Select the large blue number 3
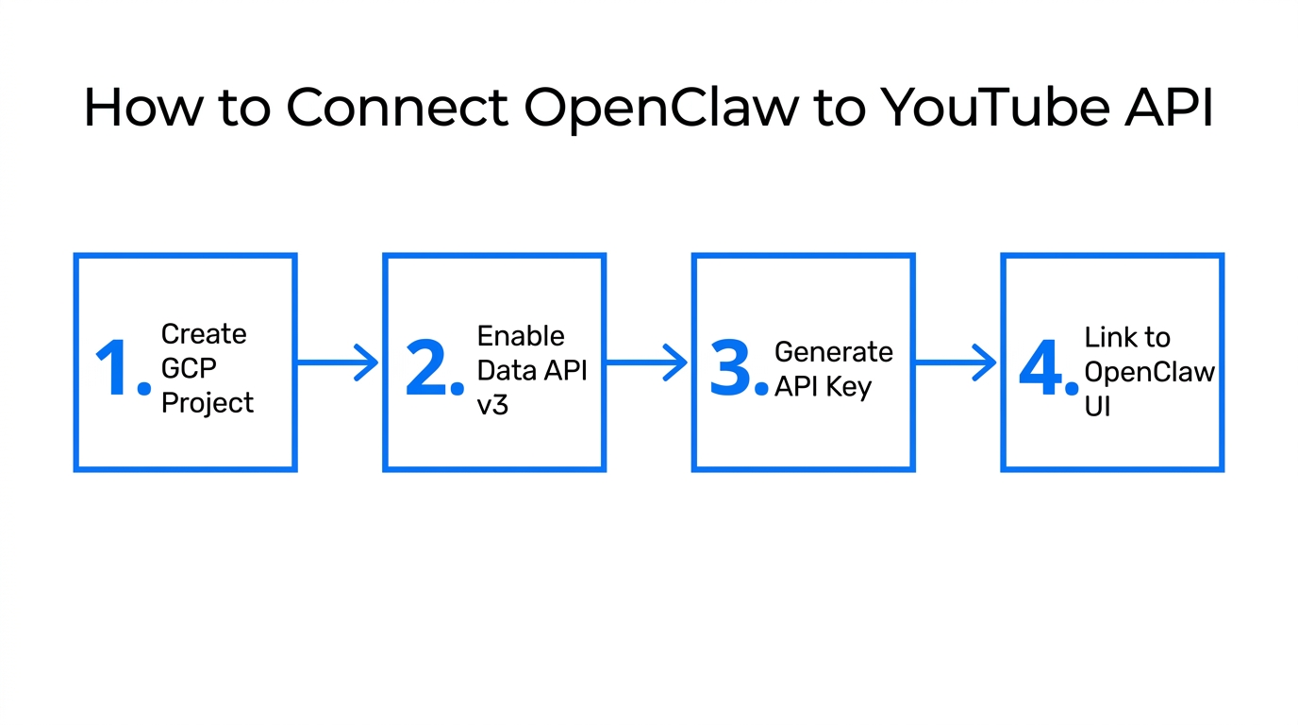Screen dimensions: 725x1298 pos(732,368)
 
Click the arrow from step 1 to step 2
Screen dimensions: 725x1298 pos(338,362)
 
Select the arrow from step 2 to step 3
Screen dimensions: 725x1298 pos(646,362)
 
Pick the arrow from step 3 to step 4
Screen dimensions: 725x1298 pos(956,362)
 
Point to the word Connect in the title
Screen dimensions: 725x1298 pos(397,108)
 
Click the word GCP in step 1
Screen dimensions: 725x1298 pos(189,368)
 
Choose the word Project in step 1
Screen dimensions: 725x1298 pos(208,403)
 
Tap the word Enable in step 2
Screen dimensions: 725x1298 pos(521,336)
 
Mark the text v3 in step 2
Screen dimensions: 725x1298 pos(492,405)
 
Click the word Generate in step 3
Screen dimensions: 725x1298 pos(833,352)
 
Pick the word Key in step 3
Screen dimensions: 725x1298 pos(849,387)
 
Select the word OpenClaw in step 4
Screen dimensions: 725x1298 pos(1149,372)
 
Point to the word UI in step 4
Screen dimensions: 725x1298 pos(1097,407)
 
